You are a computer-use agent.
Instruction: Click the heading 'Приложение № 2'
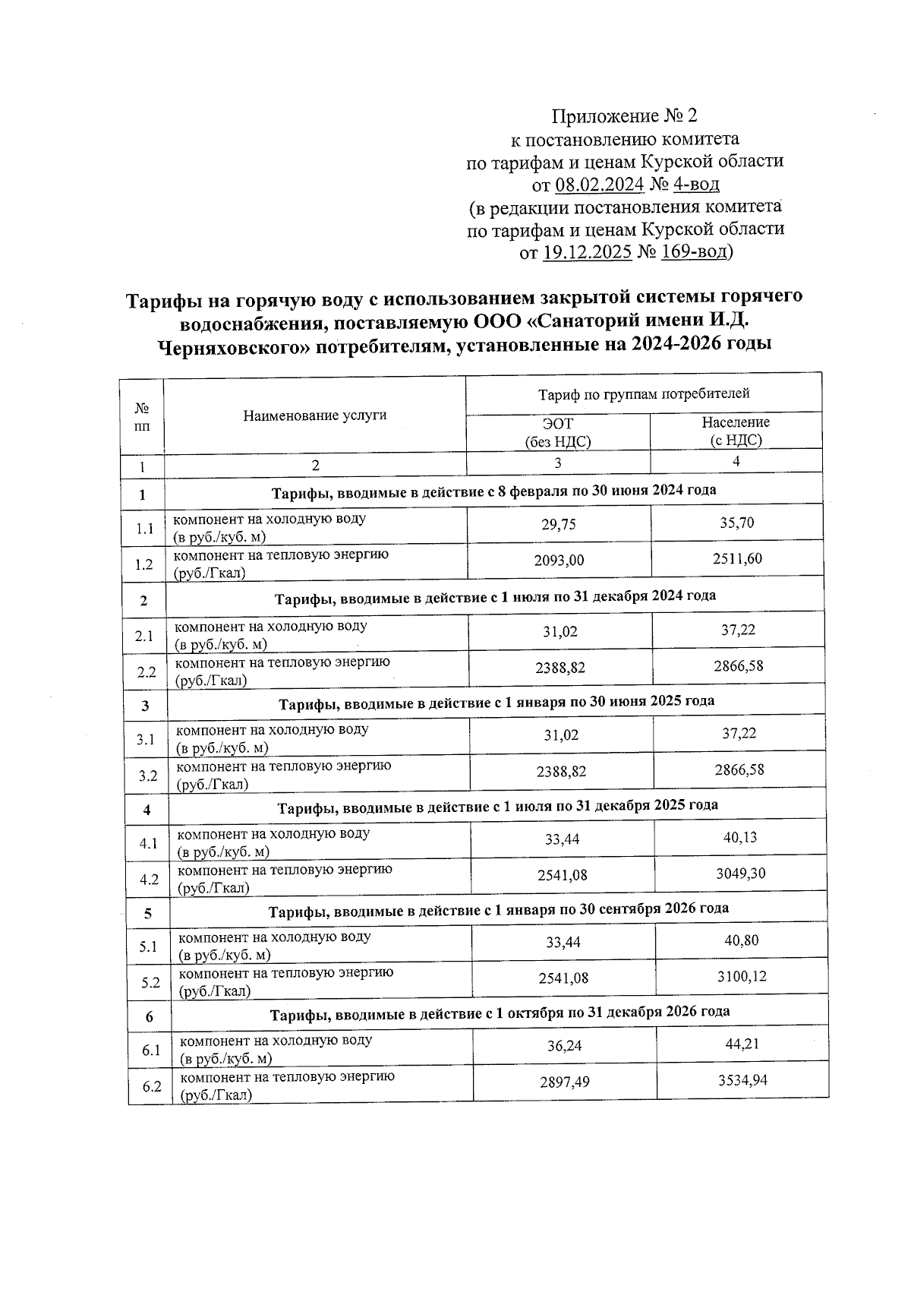623,116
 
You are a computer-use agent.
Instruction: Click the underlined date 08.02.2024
600,184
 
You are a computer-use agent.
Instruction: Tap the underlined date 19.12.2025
588,251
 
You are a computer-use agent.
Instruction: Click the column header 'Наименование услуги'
314,415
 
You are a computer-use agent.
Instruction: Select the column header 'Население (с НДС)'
735,431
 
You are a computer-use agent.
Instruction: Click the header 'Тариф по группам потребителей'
644,393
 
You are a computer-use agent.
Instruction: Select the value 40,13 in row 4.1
740,837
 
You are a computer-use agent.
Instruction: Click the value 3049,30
740,873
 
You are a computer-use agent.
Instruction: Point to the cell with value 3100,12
742,976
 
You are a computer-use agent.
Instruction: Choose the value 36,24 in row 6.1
564,1046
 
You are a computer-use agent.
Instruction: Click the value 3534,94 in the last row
742,1079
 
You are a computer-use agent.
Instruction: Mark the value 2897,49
564,1082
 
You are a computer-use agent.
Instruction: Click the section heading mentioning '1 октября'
500,1012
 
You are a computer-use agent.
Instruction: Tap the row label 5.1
148,946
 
